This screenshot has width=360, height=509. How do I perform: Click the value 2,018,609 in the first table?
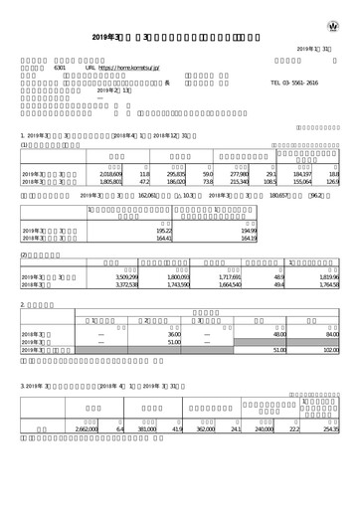pyautogui.click(x=118, y=174)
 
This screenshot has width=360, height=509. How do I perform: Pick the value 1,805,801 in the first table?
pyautogui.click(x=118, y=183)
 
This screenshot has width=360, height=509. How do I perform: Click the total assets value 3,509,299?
pyautogui.click(x=118, y=276)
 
